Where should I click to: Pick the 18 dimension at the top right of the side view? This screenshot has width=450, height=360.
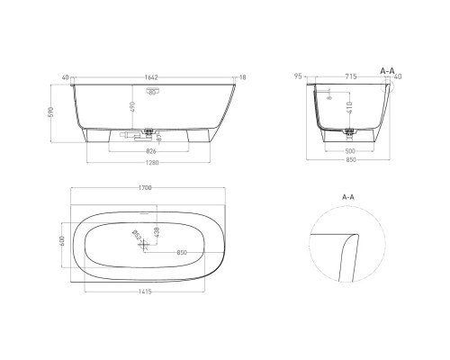(x=243, y=78)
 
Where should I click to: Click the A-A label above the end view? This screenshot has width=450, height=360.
(x=389, y=69)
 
